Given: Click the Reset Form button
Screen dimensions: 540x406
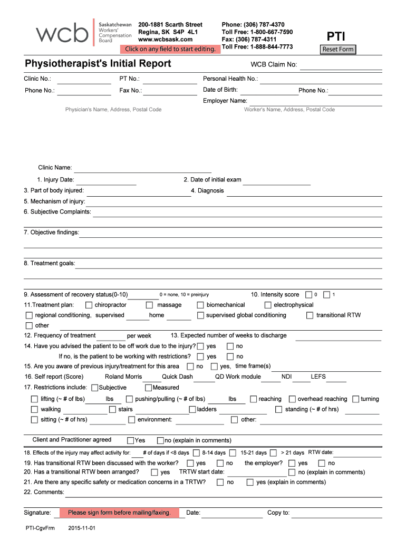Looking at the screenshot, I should point(338,50).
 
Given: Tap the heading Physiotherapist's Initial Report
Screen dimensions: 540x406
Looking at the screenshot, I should point(98,64).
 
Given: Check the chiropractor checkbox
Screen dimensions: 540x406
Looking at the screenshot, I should point(89,305).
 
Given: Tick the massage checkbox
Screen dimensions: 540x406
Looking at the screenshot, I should point(150,305).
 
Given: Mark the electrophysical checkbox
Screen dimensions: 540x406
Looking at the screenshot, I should point(268,305).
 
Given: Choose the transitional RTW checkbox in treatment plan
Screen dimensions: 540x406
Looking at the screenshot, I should point(310,315).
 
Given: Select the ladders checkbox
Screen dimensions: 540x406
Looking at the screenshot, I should point(192,409).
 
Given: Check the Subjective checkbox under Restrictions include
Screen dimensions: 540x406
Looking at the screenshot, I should point(95,388).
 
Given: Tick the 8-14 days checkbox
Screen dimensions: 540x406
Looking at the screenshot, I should point(196,453).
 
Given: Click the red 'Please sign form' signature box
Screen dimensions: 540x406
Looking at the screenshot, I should point(119,513).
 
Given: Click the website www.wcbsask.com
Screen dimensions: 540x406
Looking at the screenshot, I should point(165,39).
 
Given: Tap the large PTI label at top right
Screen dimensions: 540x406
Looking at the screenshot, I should point(336,36).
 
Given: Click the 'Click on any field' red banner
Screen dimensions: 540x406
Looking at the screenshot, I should point(170,50).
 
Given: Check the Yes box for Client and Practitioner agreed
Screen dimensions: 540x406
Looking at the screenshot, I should point(130,440).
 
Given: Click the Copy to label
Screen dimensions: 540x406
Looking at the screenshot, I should point(278,513).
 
